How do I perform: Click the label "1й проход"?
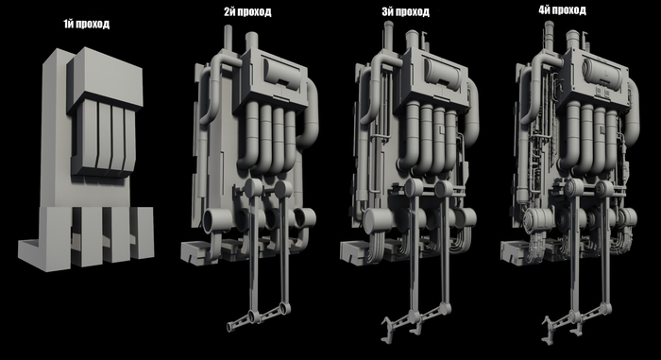(87, 24)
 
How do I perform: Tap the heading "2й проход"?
(247, 12)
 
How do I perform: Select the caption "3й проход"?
(405, 12)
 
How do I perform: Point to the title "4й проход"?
(563, 10)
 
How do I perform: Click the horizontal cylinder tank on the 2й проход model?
(282, 73)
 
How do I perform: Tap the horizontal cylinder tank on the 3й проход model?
(442, 74)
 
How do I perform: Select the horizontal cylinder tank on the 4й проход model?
(602, 74)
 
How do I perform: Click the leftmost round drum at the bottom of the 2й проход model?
(216, 221)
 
